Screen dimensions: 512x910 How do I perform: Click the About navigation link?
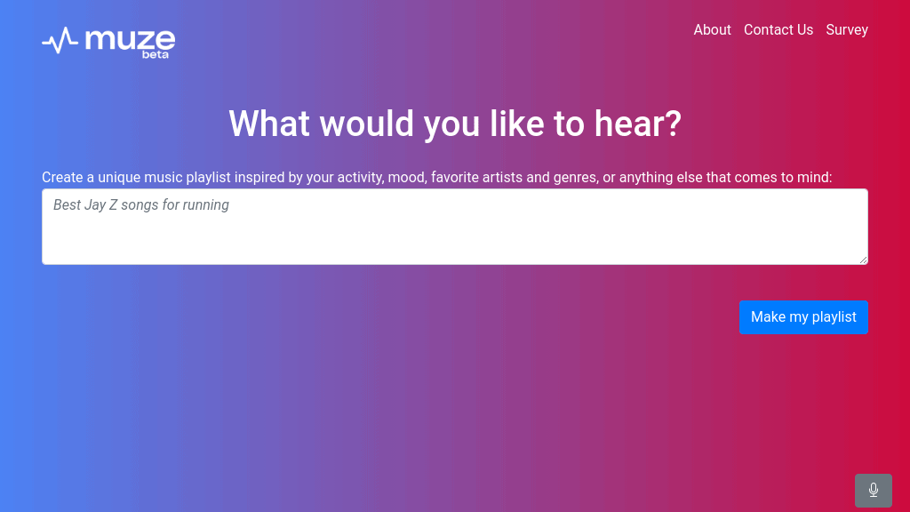[x=712, y=30]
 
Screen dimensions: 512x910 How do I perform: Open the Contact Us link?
[x=778, y=30]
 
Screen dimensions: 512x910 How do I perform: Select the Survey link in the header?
[x=847, y=30]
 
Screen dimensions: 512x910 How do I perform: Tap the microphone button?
[x=873, y=490]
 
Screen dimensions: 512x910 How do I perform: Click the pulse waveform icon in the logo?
[x=60, y=40]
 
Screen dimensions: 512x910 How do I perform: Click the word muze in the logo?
[x=130, y=38]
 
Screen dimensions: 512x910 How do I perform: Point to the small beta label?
[x=155, y=55]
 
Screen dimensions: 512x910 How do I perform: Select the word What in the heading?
[x=269, y=124]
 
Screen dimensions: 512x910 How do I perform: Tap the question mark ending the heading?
[x=672, y=124]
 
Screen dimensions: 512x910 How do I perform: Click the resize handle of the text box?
[x=863, y=260]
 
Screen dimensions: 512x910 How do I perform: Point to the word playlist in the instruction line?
[x=208, y=178]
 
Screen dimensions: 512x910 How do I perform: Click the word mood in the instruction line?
[x=405, y=178]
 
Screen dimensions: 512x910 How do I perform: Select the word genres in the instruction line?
[x=574, y=178]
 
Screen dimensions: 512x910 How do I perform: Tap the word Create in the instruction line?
[x=62, y=178]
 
